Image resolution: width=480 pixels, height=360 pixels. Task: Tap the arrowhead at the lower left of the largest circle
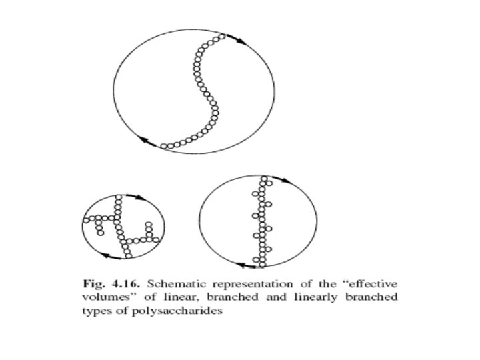coord(145,141)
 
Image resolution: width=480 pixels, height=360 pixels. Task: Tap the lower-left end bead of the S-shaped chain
coord(164,145)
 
